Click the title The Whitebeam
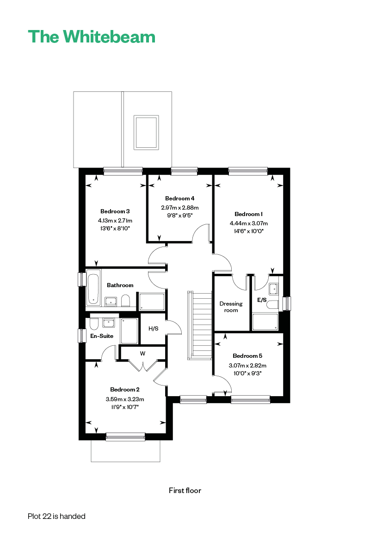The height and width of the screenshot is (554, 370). click(92, 36)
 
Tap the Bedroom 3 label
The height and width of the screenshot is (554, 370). click(115, 211)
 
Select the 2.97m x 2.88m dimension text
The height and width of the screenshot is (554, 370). click(179, 207)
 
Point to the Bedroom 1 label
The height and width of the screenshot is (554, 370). click(248, 214)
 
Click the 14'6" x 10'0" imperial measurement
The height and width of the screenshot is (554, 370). click(248, 231)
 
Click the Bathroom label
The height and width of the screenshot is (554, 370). click(120, 285)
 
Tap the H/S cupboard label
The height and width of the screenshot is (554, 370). click(153, 328)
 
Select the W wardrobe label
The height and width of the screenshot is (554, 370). click(142, 354)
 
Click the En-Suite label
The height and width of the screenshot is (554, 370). click(102, 336)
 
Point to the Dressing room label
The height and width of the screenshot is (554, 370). click(231, 307)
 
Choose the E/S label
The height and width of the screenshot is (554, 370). click(262, 300)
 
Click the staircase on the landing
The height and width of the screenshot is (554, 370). click(200, 325)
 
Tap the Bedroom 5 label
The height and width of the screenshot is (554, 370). click(247, 355)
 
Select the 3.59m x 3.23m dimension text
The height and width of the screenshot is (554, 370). click(125, 399)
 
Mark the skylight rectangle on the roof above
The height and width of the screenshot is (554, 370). click(146, 132)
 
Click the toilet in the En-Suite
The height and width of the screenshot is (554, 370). click(94, 324)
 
